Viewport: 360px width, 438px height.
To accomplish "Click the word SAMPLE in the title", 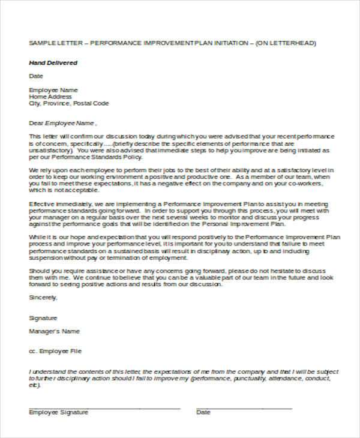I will [41, 44].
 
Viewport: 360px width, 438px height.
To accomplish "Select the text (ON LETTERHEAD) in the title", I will [286, 44].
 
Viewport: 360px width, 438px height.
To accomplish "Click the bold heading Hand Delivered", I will [53, 63].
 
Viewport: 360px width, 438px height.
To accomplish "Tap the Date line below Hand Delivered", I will [36, 76].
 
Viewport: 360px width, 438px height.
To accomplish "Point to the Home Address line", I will [50, 97].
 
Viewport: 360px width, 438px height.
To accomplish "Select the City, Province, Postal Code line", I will [69, 103].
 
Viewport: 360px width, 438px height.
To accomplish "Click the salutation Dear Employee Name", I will [62, 123].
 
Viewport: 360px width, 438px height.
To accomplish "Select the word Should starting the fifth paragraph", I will [39, 271].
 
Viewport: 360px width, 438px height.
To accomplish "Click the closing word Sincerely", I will [43, 298].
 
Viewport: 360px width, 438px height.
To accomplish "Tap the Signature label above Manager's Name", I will [43, 318].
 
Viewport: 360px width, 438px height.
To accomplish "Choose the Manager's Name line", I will [54, 331].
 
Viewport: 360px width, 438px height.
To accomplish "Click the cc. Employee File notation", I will [55, 351].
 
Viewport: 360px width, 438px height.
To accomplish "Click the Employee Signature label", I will [59, 412].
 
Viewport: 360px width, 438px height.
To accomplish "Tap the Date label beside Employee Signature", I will [203, 412].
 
